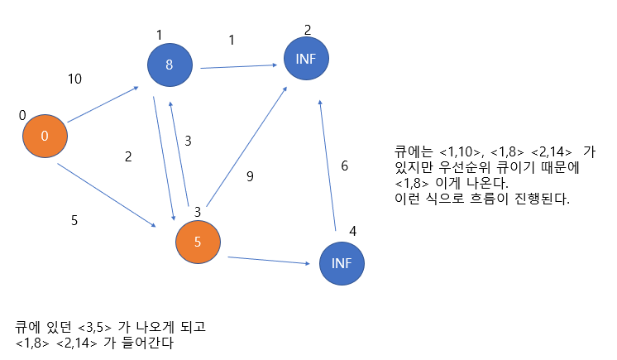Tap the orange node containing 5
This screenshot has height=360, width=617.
coord(198,242)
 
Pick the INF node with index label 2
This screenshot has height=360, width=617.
coord(306,58)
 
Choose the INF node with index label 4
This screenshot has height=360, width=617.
coord(342,263)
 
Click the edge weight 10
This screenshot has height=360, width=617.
coord(74,79)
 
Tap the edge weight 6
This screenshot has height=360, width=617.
coord(345,166)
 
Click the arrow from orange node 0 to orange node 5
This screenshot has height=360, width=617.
coord(108,194)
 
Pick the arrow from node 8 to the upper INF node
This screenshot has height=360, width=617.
coord(237,66)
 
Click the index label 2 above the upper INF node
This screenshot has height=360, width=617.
coord(308,31)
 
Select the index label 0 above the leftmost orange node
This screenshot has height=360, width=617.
coord(22,115)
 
